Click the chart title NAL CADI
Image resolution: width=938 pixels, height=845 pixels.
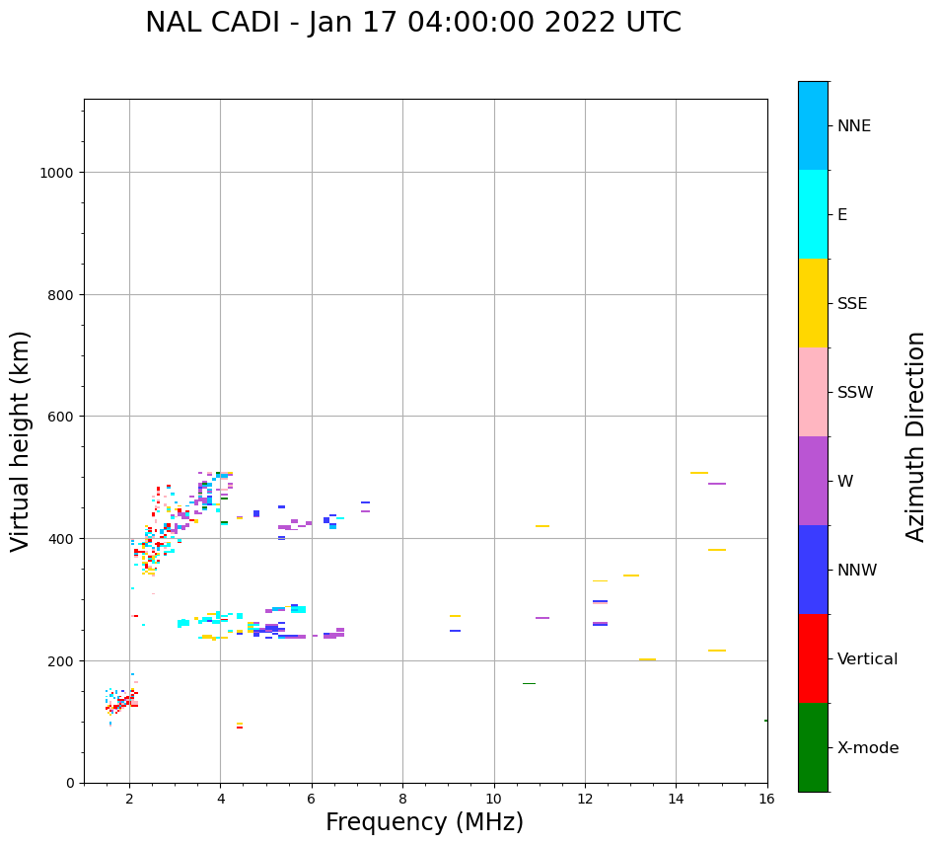click(x=412, y=23)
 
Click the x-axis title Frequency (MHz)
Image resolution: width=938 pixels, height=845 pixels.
click(x=424, y=822)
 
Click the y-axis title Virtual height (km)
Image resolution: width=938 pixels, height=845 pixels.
click(x=21, y=441)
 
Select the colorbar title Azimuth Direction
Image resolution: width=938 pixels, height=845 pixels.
click(x=916, y=436)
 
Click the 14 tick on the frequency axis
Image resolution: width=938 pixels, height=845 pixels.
click(x=676, y=801)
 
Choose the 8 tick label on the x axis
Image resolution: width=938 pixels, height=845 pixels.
click(x=402, y=801)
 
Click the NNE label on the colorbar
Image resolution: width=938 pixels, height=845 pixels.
click(x=854, y=126)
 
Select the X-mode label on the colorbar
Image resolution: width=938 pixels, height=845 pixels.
click(x=868, y=748)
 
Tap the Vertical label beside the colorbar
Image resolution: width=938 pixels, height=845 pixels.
click(x=868, y=659)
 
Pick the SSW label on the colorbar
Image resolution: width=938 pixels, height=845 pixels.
click(x=855, y=393)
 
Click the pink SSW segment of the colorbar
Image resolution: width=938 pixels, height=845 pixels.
click(x=813, y=392)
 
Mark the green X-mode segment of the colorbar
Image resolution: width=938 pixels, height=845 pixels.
click(x=813, y=747)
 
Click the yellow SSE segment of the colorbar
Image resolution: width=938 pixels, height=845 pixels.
click(x=813, y=303)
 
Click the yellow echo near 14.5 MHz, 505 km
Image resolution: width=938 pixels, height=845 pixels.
click(x=698, y=473)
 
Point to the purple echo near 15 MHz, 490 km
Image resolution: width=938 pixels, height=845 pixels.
click(x=717, y=484)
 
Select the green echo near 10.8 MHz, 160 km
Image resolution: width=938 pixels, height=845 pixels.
click(x=529, y=683)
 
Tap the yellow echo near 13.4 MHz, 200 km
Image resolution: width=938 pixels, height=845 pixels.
click(x=647, y=659)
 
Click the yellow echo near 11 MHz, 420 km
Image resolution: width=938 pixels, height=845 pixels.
click(x=542, y=526)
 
